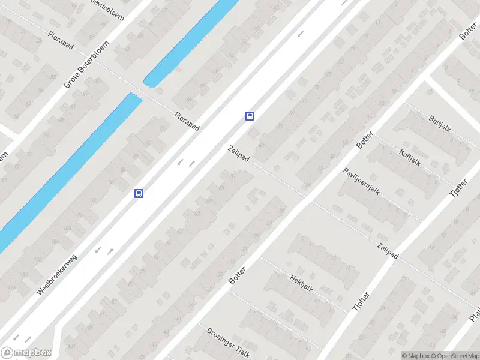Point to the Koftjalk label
[x=410, y=157]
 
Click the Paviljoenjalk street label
[x=362, y=182]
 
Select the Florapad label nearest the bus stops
[x=186, y=122]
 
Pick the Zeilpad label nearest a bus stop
[x=238, y=153]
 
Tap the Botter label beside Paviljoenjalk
[x=364, y=140]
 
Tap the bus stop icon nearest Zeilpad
[x=250, y=116]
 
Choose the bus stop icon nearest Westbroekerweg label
[x=139, y=193]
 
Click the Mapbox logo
[x=26, y=353]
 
